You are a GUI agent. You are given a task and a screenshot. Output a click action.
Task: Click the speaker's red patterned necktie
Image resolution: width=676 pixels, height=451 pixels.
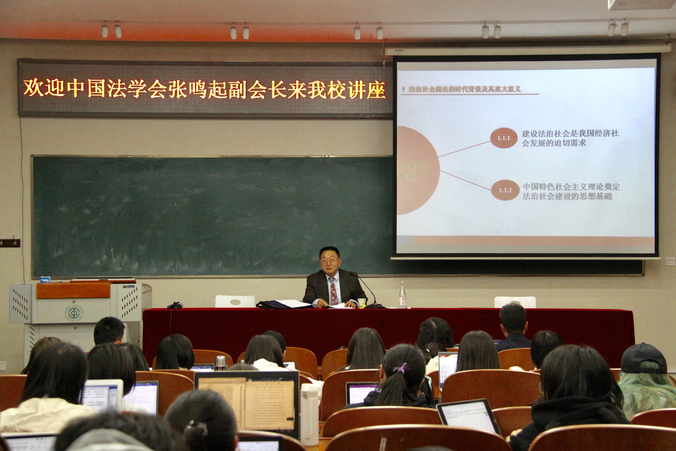click(333, 290)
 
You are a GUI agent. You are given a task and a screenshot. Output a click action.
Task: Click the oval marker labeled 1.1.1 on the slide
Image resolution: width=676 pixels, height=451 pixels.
click(504, 138)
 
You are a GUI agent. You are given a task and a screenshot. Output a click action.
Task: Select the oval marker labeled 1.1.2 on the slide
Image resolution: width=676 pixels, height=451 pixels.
click(505, 190)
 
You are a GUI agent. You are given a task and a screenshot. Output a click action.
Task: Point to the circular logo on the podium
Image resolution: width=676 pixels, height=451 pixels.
click(74, 312)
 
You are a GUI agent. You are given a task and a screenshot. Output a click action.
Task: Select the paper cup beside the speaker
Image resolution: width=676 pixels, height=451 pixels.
click(362, 303)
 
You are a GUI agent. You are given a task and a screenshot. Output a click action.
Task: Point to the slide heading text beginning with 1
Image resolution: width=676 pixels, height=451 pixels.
click(461, 89)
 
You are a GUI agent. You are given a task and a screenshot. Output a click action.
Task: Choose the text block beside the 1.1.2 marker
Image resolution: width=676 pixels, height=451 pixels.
click(571, 191)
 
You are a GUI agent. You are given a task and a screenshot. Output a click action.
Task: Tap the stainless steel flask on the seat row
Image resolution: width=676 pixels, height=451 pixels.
click(220, 363)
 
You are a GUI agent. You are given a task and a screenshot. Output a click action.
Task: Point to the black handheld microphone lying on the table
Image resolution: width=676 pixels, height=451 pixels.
click(175, 306)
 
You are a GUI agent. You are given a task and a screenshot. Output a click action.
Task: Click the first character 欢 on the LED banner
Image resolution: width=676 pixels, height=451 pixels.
click(33, 88)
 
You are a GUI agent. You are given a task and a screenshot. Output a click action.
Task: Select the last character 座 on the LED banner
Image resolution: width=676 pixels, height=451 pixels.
click(376, 90)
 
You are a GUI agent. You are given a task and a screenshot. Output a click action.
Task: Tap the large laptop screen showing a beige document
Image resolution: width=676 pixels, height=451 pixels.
click(247, 403)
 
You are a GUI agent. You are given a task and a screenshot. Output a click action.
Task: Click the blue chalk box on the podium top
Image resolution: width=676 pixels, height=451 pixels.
click(45, 279)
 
